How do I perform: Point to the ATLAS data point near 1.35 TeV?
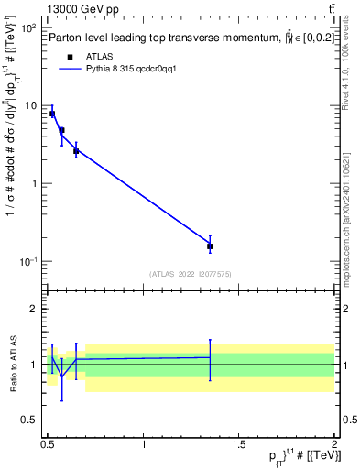coord(210,245)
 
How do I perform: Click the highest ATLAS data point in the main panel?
coord(52,114)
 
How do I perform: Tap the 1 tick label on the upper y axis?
coord(34,183)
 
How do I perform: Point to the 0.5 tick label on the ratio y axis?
coord(29,420)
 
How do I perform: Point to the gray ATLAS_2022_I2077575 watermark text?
coord(190,274)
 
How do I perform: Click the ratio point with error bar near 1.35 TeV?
coord(210,357)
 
